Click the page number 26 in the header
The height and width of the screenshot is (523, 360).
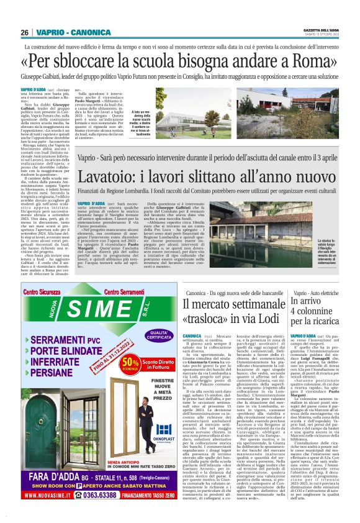24,32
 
